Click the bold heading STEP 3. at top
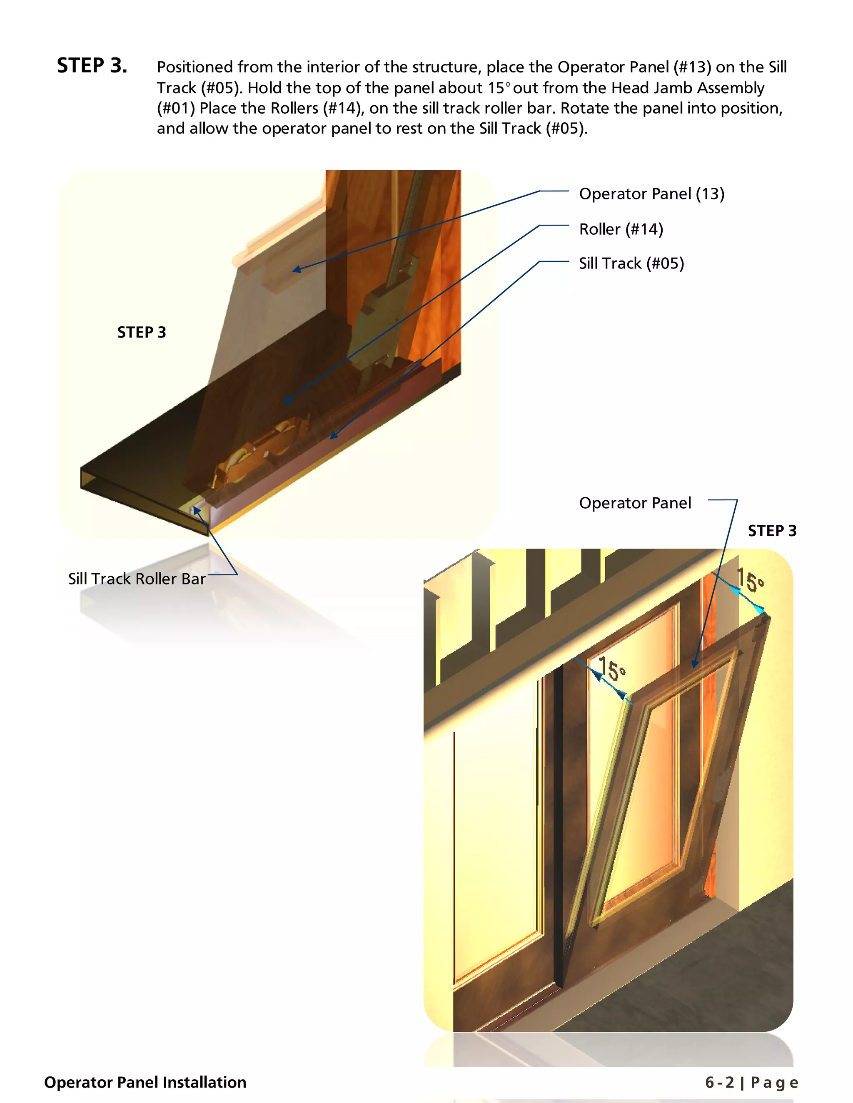point(92,66)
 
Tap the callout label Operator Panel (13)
point(651,194)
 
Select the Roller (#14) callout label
point(621,229)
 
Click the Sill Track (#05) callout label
point(631,263)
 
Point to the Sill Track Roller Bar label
point(137,579)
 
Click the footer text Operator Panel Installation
point(145,1082)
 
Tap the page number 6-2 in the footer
point(720,1082)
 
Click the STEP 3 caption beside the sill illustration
point(142,332)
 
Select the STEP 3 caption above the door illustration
point(772,531)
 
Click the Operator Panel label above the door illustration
point(635,503)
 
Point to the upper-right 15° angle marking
point(749,580)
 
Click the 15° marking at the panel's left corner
point(612,669)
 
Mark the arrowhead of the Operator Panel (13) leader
point(297,270)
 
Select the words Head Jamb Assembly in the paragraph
point(688,88)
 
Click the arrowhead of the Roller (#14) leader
point(287,400)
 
